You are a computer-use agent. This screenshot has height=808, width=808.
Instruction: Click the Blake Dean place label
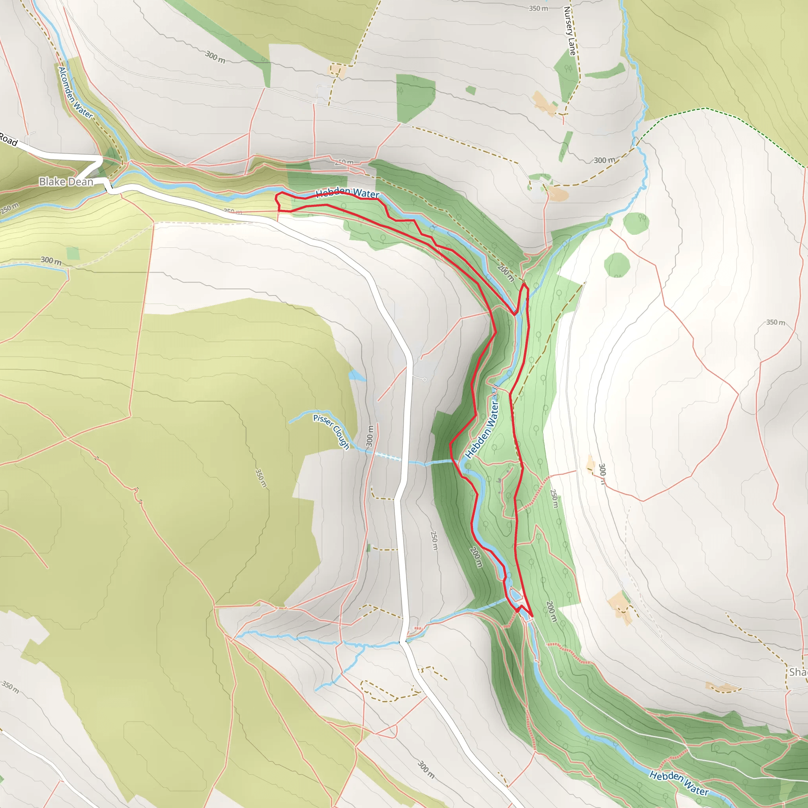pyautogui.click(x=65, y=182)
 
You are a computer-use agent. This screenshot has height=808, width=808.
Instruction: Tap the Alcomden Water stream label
pyautogui.click(x=75, y=93)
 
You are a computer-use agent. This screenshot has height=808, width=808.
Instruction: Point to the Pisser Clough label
pyautogui.click(x=332, y=432)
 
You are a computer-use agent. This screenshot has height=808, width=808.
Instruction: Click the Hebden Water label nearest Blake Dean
pyautogui.click(x=347, y=193)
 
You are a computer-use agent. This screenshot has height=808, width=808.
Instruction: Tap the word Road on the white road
pyautogui.click(x=8, y=139)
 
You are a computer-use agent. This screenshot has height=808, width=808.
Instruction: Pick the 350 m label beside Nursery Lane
pyautogui.click(x=538, y=8)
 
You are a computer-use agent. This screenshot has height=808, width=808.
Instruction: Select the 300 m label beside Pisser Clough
pyautogui.click(x=370, y=436)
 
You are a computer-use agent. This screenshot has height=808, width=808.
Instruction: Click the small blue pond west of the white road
pyautogui.click(x=356, y=376)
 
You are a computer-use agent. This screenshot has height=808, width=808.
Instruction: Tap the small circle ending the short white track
pyautogui.click(x=425, y=379)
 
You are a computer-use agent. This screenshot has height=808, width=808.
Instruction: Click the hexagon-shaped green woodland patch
pyautogui.click(x=617, y=265)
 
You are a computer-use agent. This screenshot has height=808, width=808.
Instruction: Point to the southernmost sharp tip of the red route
pyautogui.click(x=531, y=616)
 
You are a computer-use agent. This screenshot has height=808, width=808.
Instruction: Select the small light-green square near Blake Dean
pyautogui.click(x=73, y=253)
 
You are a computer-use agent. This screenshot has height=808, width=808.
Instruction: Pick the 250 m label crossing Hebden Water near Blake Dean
pyautogui.click(x=344, y=162)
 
